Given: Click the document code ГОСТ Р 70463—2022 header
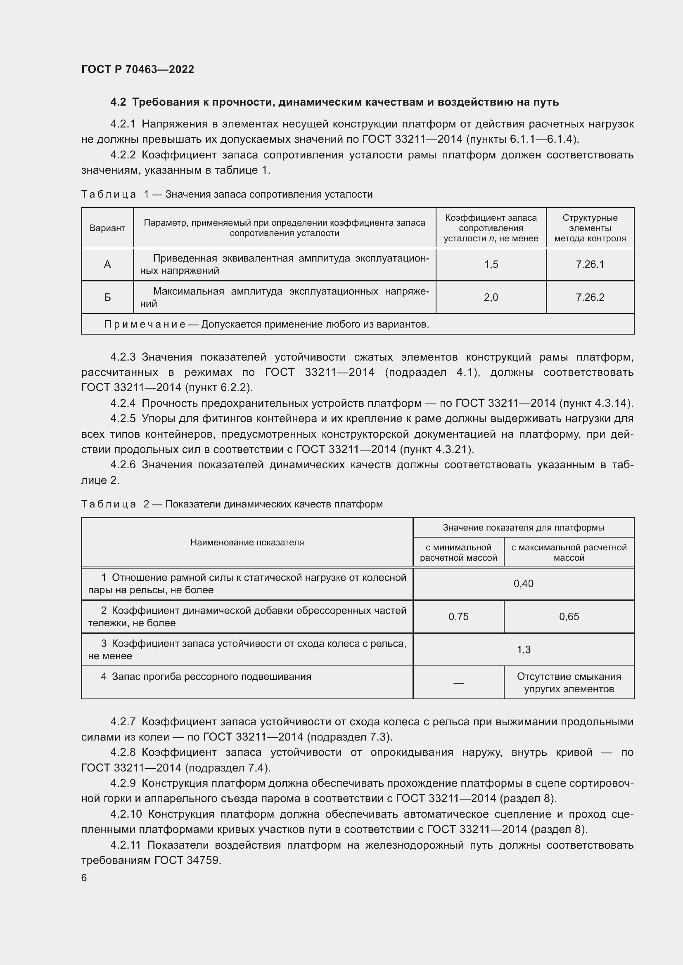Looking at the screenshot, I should click(138, 69).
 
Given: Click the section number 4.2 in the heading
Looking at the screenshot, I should click(118, 102).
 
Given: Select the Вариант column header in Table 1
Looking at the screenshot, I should click(107, 228).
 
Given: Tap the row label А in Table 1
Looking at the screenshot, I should click(107, 264).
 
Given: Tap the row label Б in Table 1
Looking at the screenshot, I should click(107, 297).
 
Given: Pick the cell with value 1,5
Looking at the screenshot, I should click(491, 264).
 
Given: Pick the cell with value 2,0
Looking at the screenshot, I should click(491, 297).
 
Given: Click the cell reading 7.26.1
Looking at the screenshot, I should click(590, 264).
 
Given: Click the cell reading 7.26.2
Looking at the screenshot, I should click(590, 297).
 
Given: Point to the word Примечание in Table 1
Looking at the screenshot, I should click(145, 324).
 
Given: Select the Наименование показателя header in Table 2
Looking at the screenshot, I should click(247, 543).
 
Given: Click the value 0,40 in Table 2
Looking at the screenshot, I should click(523, 584).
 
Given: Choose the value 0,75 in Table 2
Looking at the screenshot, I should click(458, 616).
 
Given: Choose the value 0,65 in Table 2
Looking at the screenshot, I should click(569, 616).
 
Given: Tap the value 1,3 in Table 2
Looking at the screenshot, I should click(523, 650).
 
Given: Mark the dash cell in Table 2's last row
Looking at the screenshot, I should click(458, 683).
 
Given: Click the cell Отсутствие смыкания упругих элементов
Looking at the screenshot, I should click(569, 683).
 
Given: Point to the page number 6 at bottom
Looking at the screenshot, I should click(84, 878).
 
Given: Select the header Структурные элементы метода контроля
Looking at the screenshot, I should click(590, 228).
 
